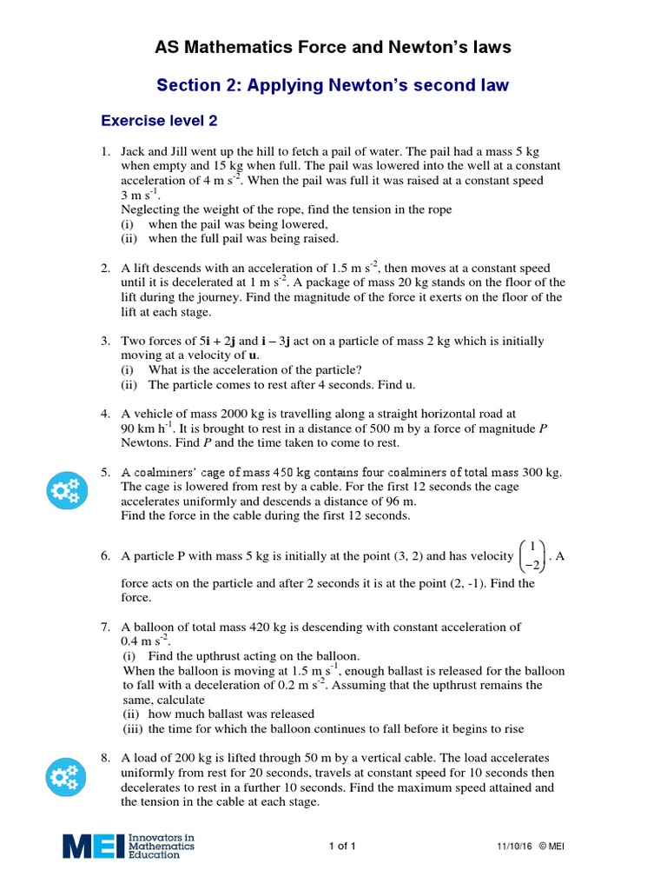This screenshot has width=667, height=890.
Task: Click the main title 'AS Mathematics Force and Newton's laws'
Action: [333, 47]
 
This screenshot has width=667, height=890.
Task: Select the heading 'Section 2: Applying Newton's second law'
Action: [333, 85]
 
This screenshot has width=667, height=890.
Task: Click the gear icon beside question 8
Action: [66, 779]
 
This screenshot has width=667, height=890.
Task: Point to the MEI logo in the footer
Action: [129, 846]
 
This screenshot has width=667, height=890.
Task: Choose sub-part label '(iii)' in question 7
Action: [131, 728]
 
